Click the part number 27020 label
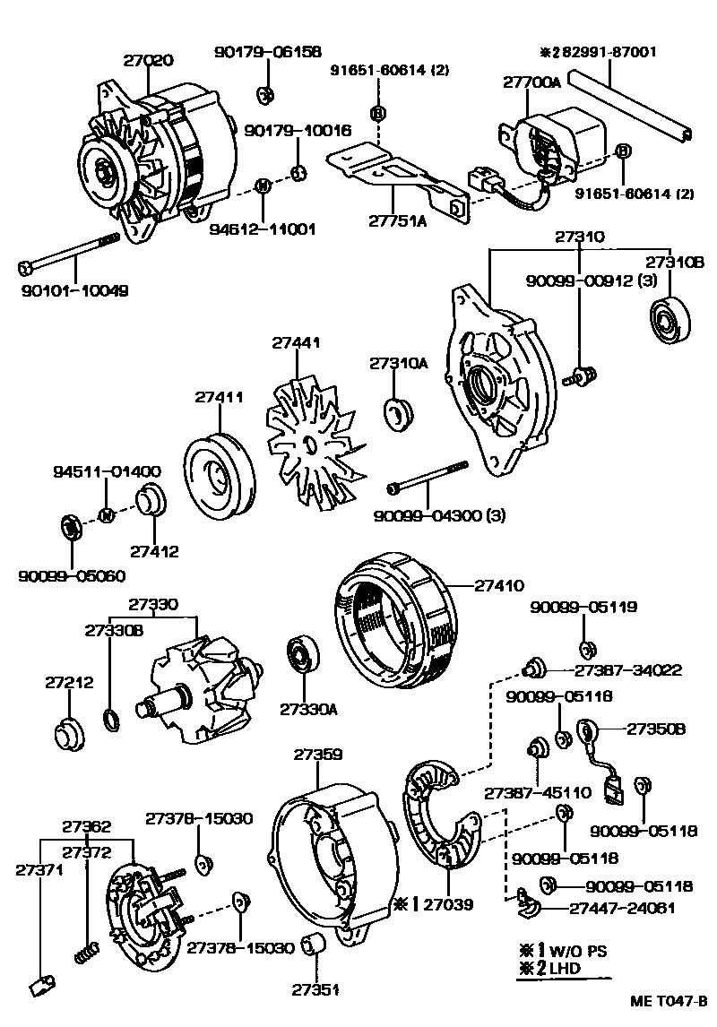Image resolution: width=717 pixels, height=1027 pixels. (x=149, y=61)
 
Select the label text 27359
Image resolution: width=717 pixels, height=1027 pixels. (x=317, y=755)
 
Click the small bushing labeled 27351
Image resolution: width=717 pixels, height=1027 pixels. (x=314, y=945)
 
